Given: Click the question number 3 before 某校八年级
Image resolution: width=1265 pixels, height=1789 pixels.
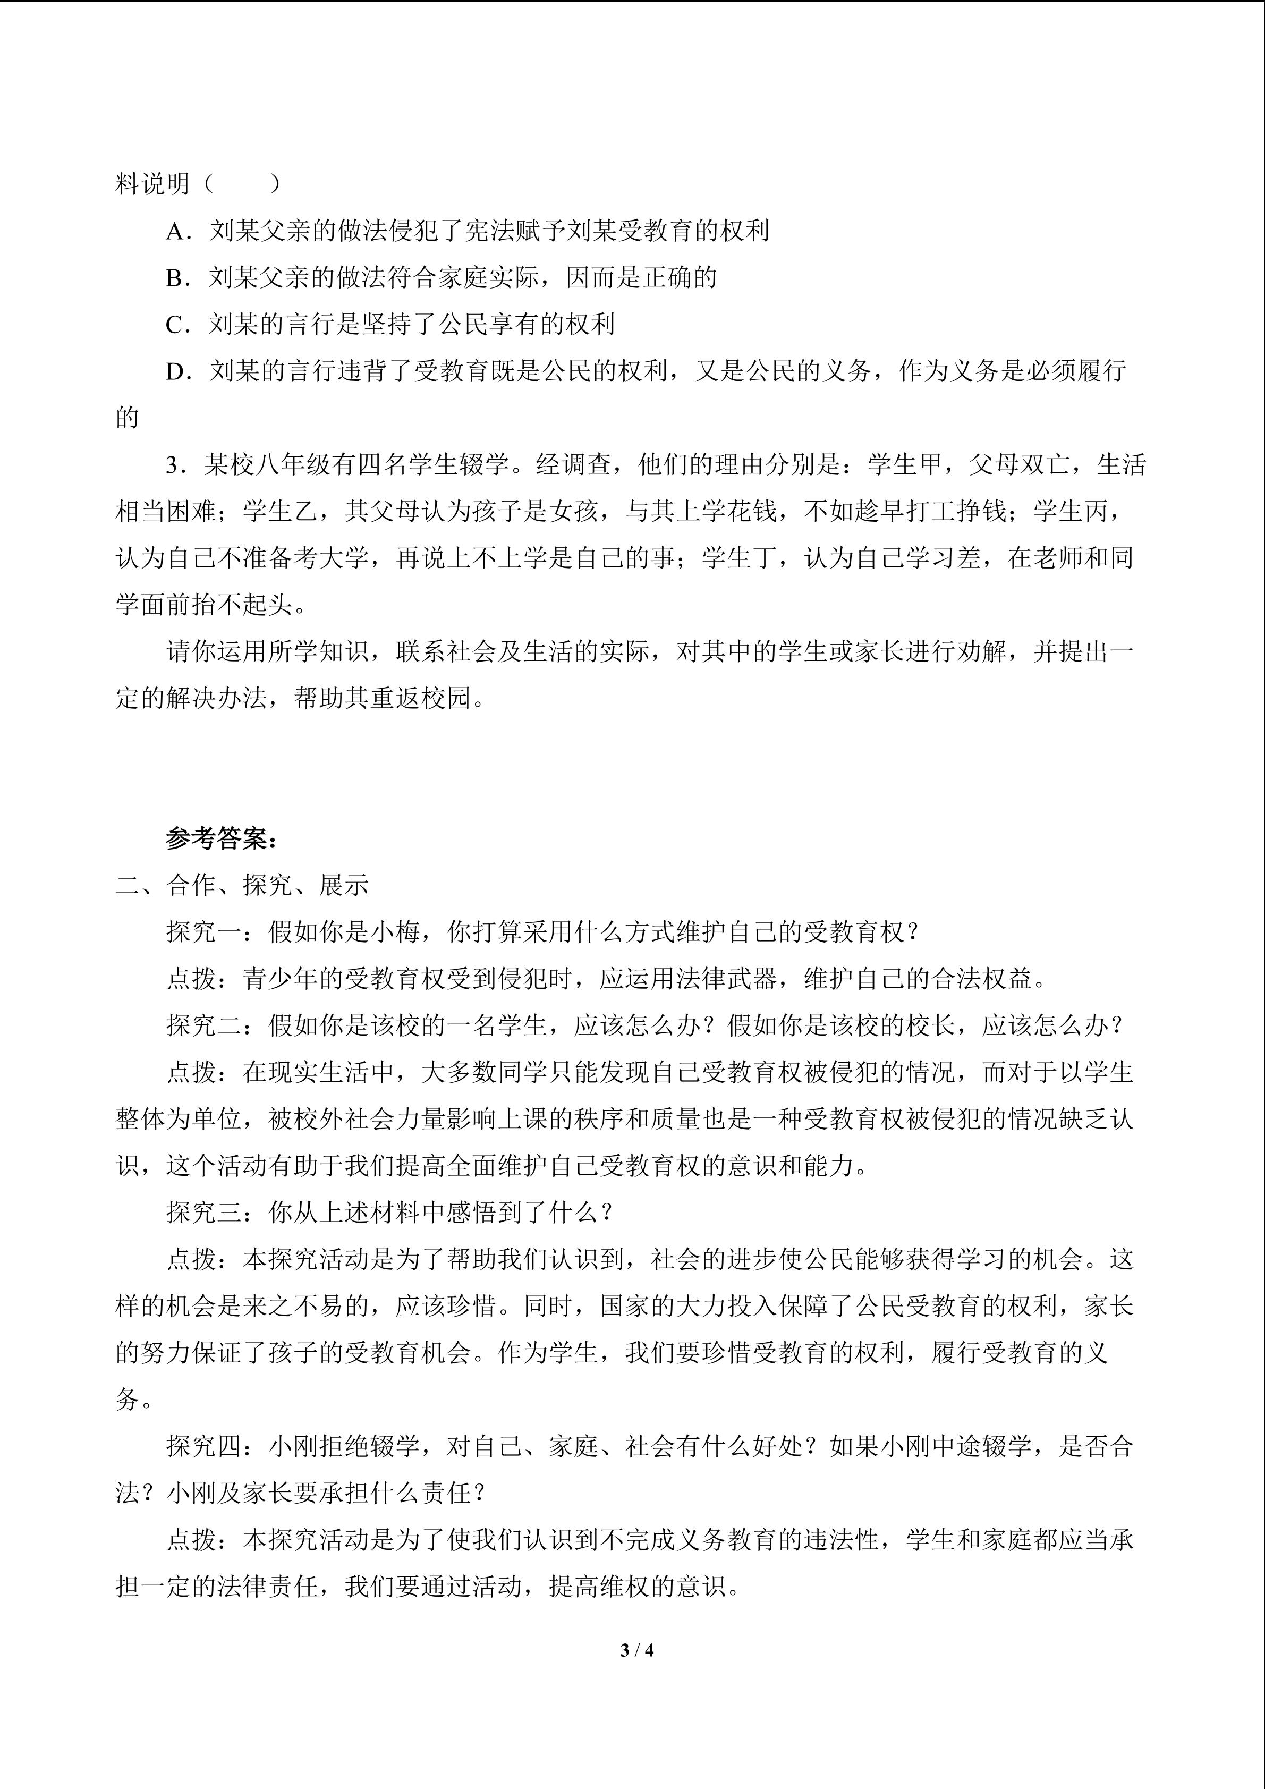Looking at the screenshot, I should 172,465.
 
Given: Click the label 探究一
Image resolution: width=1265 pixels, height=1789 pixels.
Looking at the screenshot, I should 204,932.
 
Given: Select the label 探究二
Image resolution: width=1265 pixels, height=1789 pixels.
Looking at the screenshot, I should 204,1025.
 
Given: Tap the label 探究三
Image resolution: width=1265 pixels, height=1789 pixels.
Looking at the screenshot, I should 204,1213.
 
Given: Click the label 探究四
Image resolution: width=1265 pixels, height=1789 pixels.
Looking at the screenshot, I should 204,1446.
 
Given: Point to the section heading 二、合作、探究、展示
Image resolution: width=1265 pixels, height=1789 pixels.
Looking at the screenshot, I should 242,885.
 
